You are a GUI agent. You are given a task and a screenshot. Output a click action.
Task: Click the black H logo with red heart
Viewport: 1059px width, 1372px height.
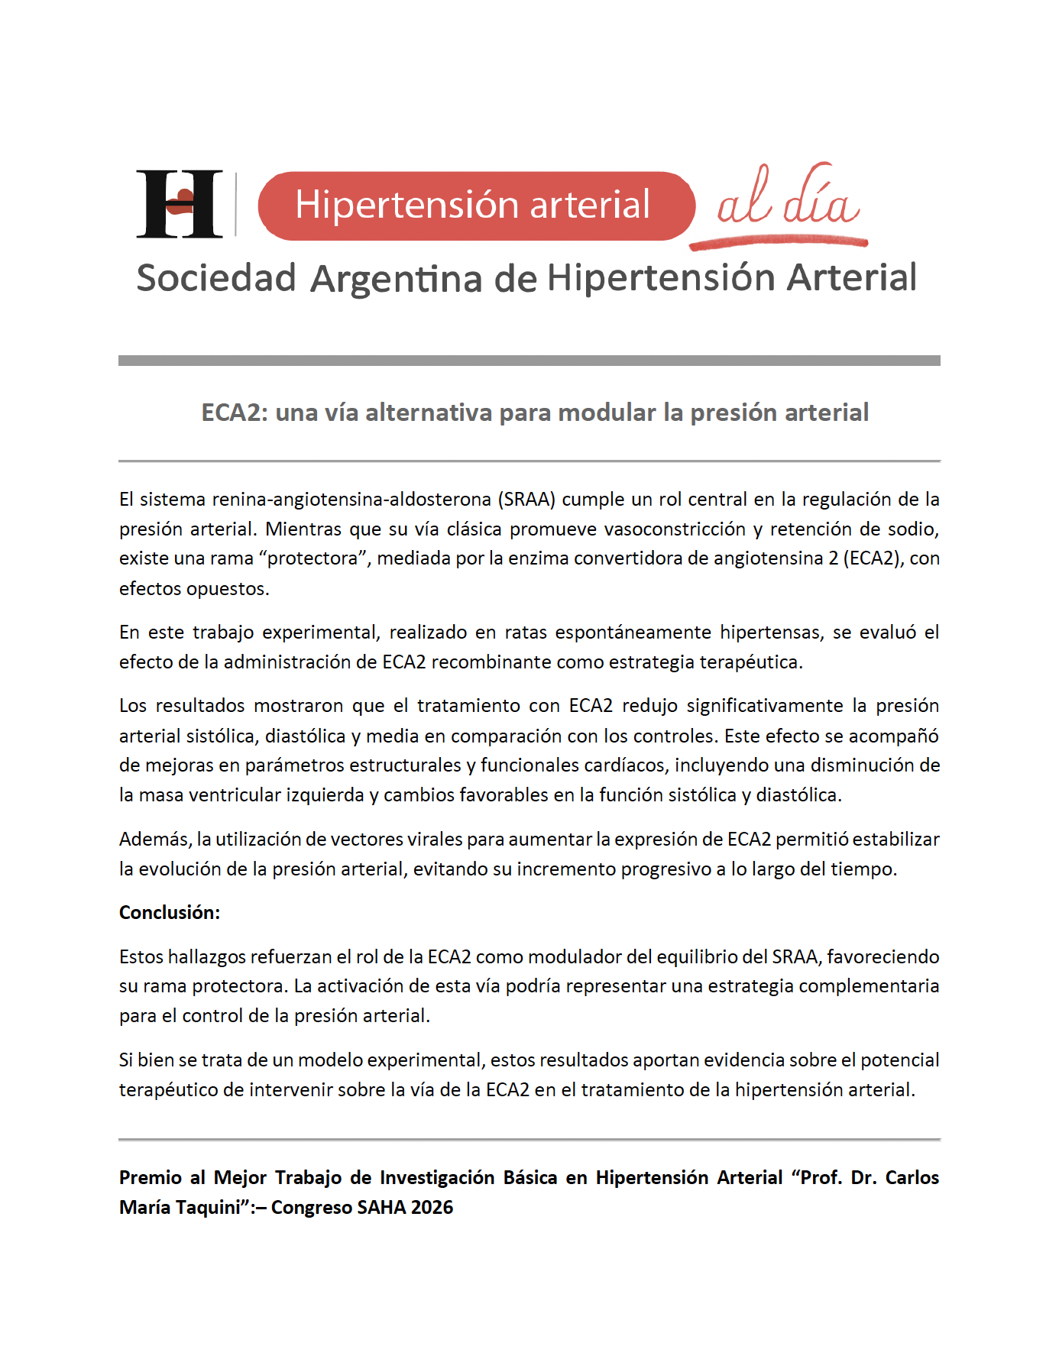pos(180,204)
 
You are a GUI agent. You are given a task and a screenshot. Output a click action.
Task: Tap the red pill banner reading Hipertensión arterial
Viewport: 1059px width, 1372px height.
pos(475,205)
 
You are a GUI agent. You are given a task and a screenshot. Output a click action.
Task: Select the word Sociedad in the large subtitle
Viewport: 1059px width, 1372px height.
pos(216,277)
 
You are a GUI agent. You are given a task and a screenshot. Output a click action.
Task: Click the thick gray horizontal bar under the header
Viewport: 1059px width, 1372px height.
pos(529,361)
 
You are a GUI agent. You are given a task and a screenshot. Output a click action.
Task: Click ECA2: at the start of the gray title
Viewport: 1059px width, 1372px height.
pos(234,413)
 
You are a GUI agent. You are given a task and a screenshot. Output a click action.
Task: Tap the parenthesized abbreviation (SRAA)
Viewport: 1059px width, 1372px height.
pos(526,500)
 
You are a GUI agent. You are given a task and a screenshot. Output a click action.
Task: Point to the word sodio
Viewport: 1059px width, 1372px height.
pos(914,529)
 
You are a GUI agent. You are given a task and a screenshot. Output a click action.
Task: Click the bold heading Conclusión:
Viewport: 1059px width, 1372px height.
pos(170,913)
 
